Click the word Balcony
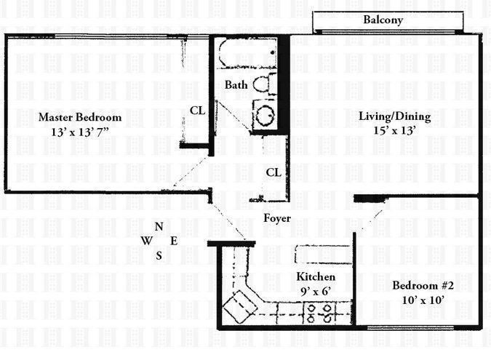[x=383, y=20]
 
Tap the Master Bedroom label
[x=80, y=117]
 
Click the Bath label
[x=236, y=85]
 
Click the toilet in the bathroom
[x=263, y=83]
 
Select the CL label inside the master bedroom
[x=197, y=111]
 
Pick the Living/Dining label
[x=395, y=116]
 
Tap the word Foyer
[x=277, y=218]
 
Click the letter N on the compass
[x=159, y=227]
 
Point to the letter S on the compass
[x=159, y=255]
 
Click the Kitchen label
[x=316, y=277]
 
